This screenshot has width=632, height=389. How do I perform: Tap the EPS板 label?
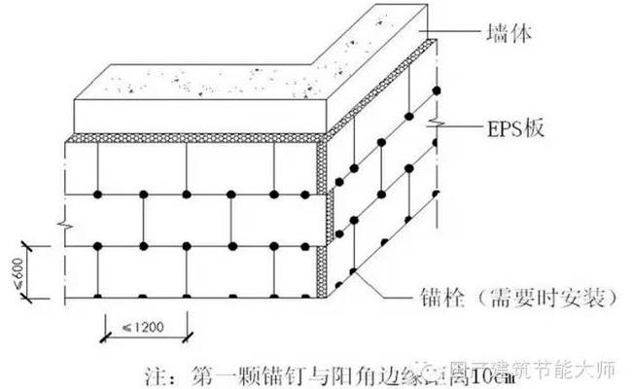point(515,127)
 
